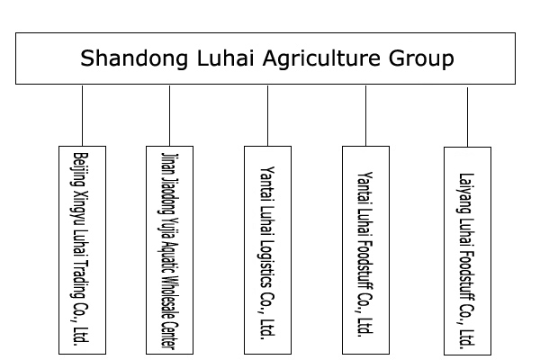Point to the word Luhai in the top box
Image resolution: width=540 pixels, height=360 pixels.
(211, 59)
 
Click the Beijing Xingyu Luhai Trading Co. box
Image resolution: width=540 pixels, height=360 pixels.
(81, 247)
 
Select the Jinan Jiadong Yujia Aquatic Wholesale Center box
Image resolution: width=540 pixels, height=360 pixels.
(169, 247)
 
